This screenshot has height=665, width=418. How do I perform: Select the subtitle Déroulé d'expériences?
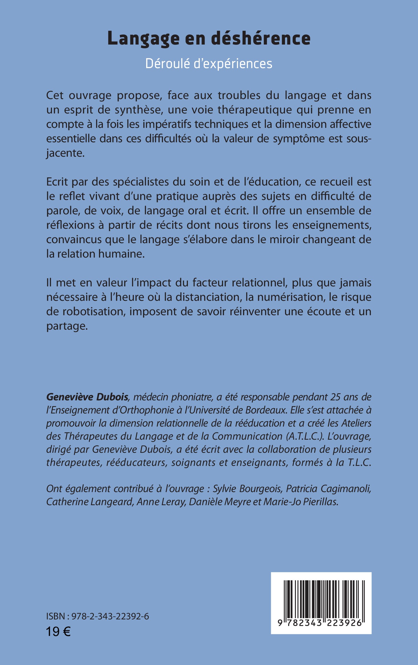coord(209,64)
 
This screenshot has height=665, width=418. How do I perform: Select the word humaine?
coord(121,254)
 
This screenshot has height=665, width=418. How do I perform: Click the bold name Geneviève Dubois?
coord(87,397)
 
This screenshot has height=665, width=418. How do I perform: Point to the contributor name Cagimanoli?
coord(346,489)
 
